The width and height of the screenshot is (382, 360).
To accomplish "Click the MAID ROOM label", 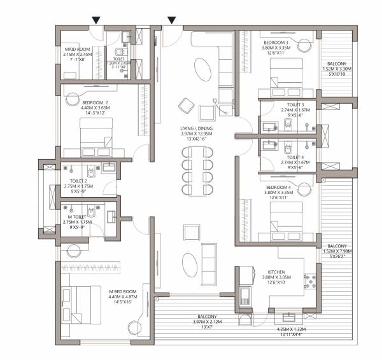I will click(76, 47).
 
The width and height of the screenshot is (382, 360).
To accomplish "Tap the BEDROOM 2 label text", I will click(95, 102).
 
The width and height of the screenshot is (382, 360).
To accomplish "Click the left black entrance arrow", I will click(95, 21).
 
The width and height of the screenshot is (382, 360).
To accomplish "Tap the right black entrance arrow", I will click(172, 21).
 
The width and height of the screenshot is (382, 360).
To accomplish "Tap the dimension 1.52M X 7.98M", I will click(337, 252).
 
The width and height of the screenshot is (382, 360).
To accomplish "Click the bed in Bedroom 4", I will click(286, 225).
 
